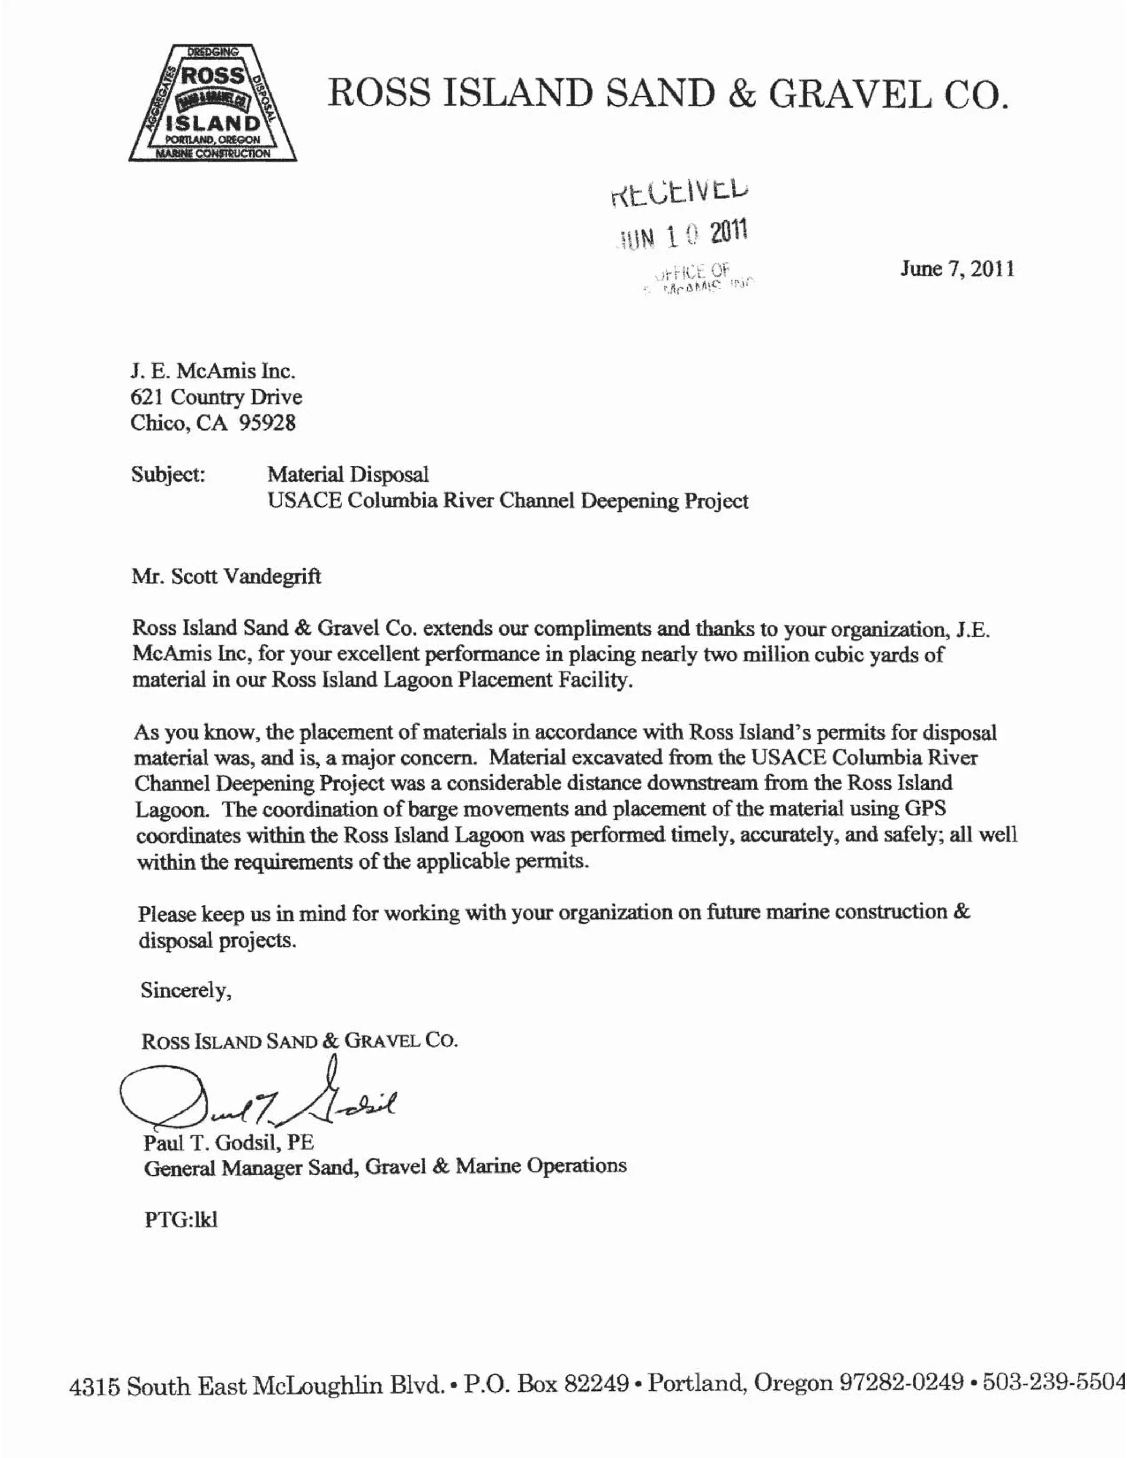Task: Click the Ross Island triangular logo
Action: coord(212,103)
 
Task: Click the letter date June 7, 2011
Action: coord(958,269)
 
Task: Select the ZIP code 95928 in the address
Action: coord(267,423)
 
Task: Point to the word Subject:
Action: coord(168,475)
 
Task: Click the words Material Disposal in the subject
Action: coord(348,475)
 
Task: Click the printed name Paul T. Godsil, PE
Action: coord(228,1142)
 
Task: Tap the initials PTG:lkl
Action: coord(181,1220)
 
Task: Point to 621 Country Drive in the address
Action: coord(216,397)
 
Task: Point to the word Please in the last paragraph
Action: coord(167,914)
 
